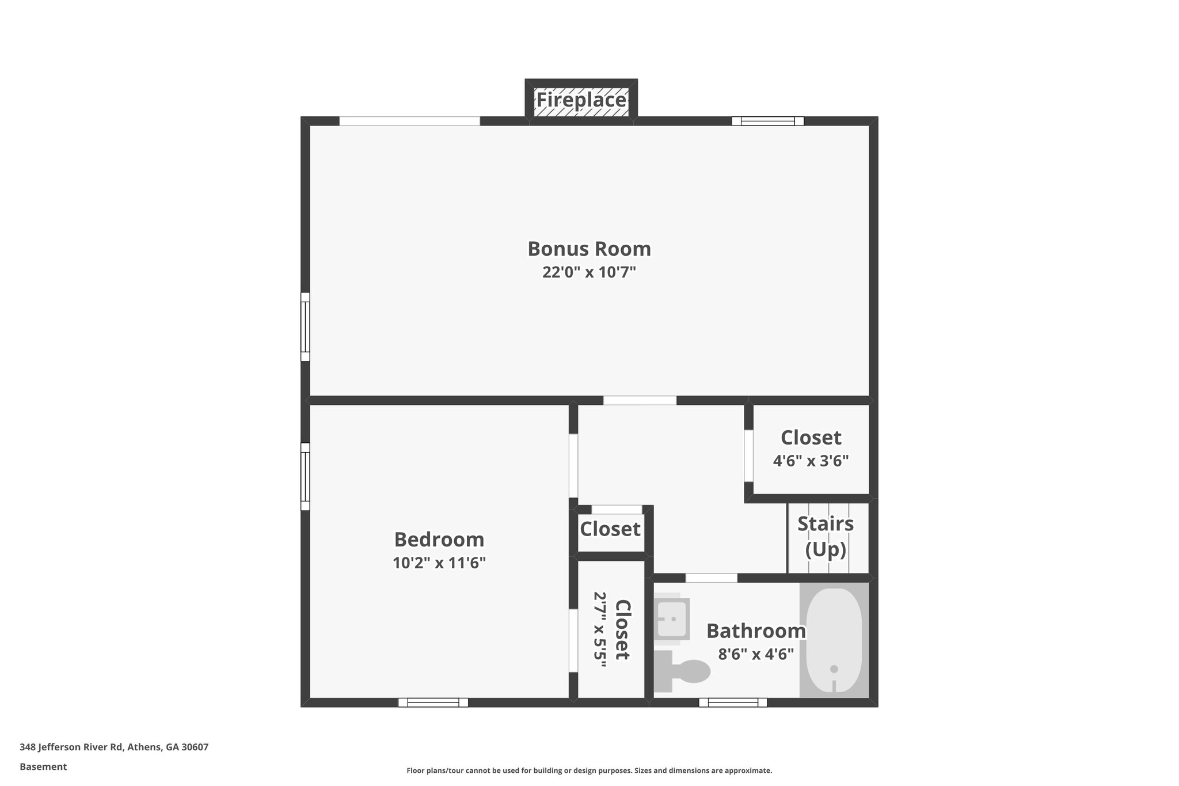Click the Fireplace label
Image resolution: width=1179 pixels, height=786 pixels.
tap(581, 100)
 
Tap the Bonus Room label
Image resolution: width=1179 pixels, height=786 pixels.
tap(589, 249)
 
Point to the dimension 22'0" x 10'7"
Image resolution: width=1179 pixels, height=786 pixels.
tap(589, 272)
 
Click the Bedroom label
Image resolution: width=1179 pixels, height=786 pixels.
tap(439, 540)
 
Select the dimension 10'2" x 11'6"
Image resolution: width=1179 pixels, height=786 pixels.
tap(439, 563)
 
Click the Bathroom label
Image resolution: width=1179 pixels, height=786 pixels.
tap(756, 631)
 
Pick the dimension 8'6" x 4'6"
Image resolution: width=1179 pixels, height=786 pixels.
tap(756, 654)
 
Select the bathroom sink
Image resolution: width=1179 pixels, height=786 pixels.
tap(672, 619)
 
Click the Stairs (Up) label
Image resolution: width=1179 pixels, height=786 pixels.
tap(825, 536)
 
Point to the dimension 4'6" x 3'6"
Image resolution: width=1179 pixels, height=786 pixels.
tap(811, 461)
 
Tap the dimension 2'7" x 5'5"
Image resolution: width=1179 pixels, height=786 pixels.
tap(600, 629)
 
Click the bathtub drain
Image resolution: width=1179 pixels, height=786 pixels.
tap(834, 669)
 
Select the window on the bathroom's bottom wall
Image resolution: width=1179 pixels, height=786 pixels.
tap(733, 703)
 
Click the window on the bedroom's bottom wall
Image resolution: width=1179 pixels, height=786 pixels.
tap(433, 703)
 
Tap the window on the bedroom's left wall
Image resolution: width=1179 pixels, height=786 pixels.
tap(305, 476)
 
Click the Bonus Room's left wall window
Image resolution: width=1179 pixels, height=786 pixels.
tap(305, 327)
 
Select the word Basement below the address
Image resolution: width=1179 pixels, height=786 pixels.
tap(43, 767)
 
